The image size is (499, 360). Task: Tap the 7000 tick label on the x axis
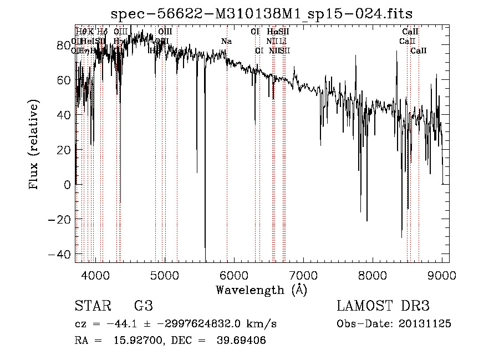[x=303, y=275]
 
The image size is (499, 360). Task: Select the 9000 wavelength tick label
[x=442, y=275]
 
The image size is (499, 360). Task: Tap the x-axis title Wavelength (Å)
[x=261, y=290]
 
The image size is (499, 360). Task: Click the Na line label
[x=226, y=41]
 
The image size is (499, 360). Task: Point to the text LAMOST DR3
[x=383, y=306]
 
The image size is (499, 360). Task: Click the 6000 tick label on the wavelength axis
[x=234, y=275]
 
